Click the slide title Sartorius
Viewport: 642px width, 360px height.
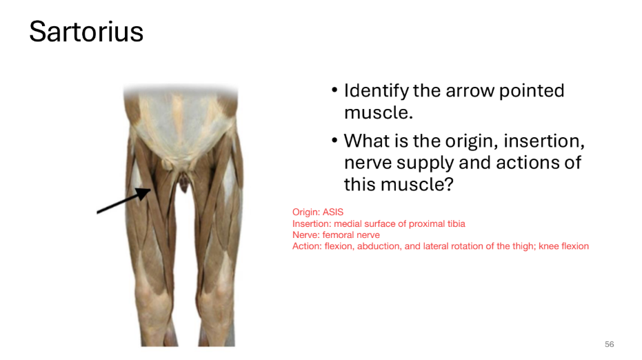coord(86,32)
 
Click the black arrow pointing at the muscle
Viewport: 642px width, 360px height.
coord(124,201)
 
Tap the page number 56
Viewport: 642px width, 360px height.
coord(609,344)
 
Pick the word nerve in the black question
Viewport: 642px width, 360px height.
coord(368,163)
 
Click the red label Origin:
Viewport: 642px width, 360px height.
coord(306,212)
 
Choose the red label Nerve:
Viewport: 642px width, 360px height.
coord(305,234)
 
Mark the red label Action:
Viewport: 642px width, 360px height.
coord(307,246)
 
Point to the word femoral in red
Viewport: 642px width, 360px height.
coord(338,234)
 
